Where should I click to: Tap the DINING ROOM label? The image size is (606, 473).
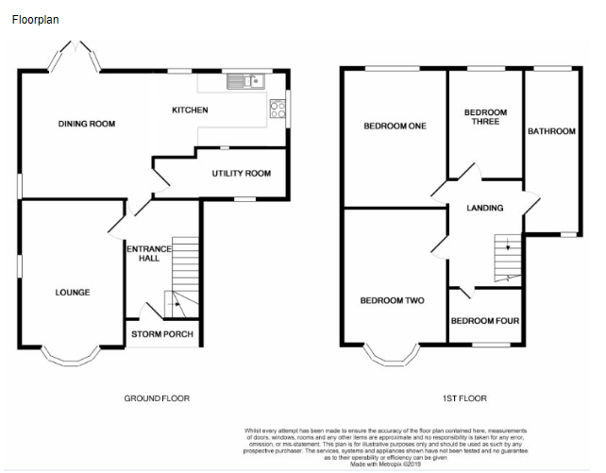click(86, 124)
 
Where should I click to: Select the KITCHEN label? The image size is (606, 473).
click(189, 110)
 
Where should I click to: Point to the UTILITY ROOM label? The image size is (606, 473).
click(241, 174)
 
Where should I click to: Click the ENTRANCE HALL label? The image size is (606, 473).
click(149, 254)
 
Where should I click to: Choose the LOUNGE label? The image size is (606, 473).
click(73, 293)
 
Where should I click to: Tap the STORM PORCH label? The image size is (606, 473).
click(162, 334)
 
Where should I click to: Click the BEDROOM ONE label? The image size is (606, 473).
click(395, 127)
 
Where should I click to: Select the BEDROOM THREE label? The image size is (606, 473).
click(485, 117)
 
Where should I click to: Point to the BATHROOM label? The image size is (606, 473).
click(550, 131)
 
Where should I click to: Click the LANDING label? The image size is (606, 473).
click(485, 208)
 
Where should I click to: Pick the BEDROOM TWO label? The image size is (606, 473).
click(392, 301)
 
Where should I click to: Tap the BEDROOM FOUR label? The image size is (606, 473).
click(484, 321)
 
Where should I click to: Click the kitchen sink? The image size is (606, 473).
click(244, 82)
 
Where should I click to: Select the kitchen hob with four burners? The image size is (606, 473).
click(278, 109)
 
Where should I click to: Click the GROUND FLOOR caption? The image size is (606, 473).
click(157, 399)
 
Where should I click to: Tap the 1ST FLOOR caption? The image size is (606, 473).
click(463, 399)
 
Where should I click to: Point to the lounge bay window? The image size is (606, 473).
click(72, 357)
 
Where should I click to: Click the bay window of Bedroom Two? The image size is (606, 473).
click(392, 357)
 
